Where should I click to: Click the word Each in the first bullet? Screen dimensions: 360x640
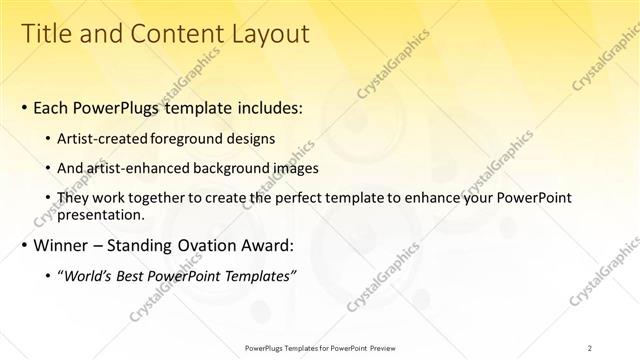point(53,107)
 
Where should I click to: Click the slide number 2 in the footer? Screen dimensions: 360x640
point(590,347)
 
